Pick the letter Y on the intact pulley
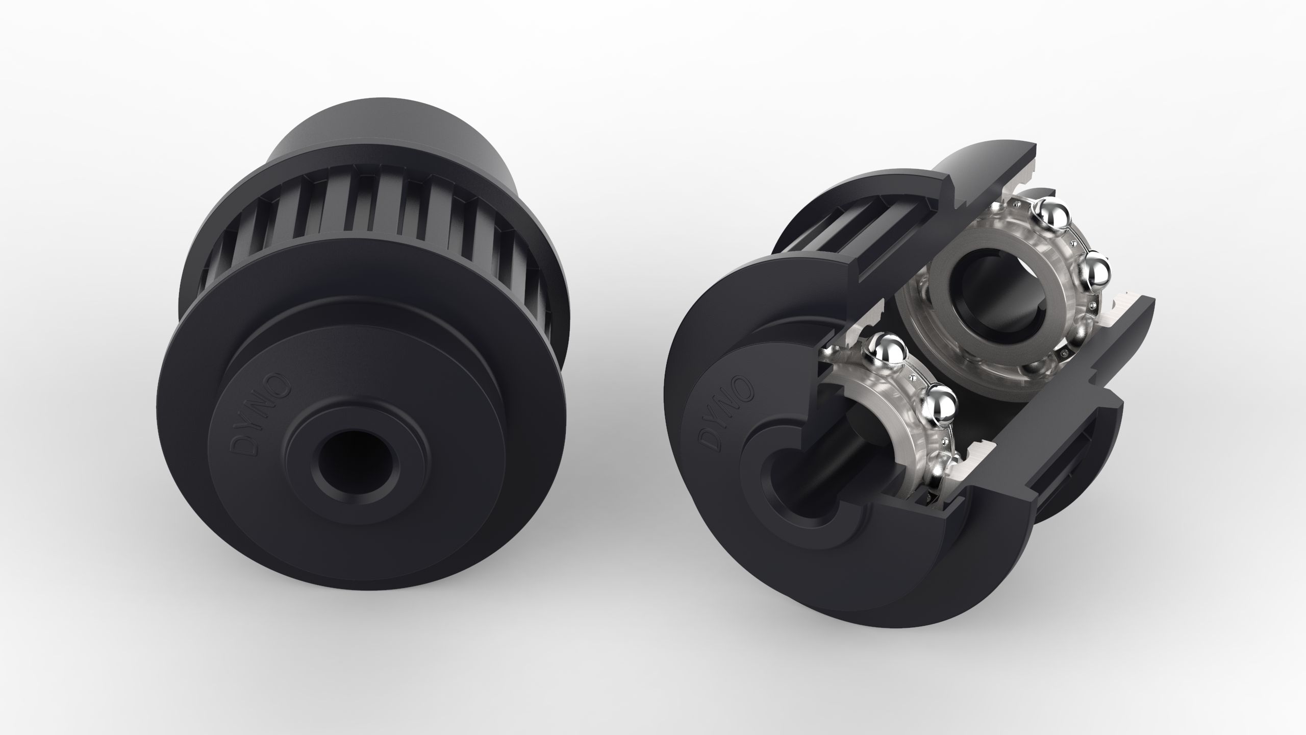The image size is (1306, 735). click(x=254, y=428)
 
